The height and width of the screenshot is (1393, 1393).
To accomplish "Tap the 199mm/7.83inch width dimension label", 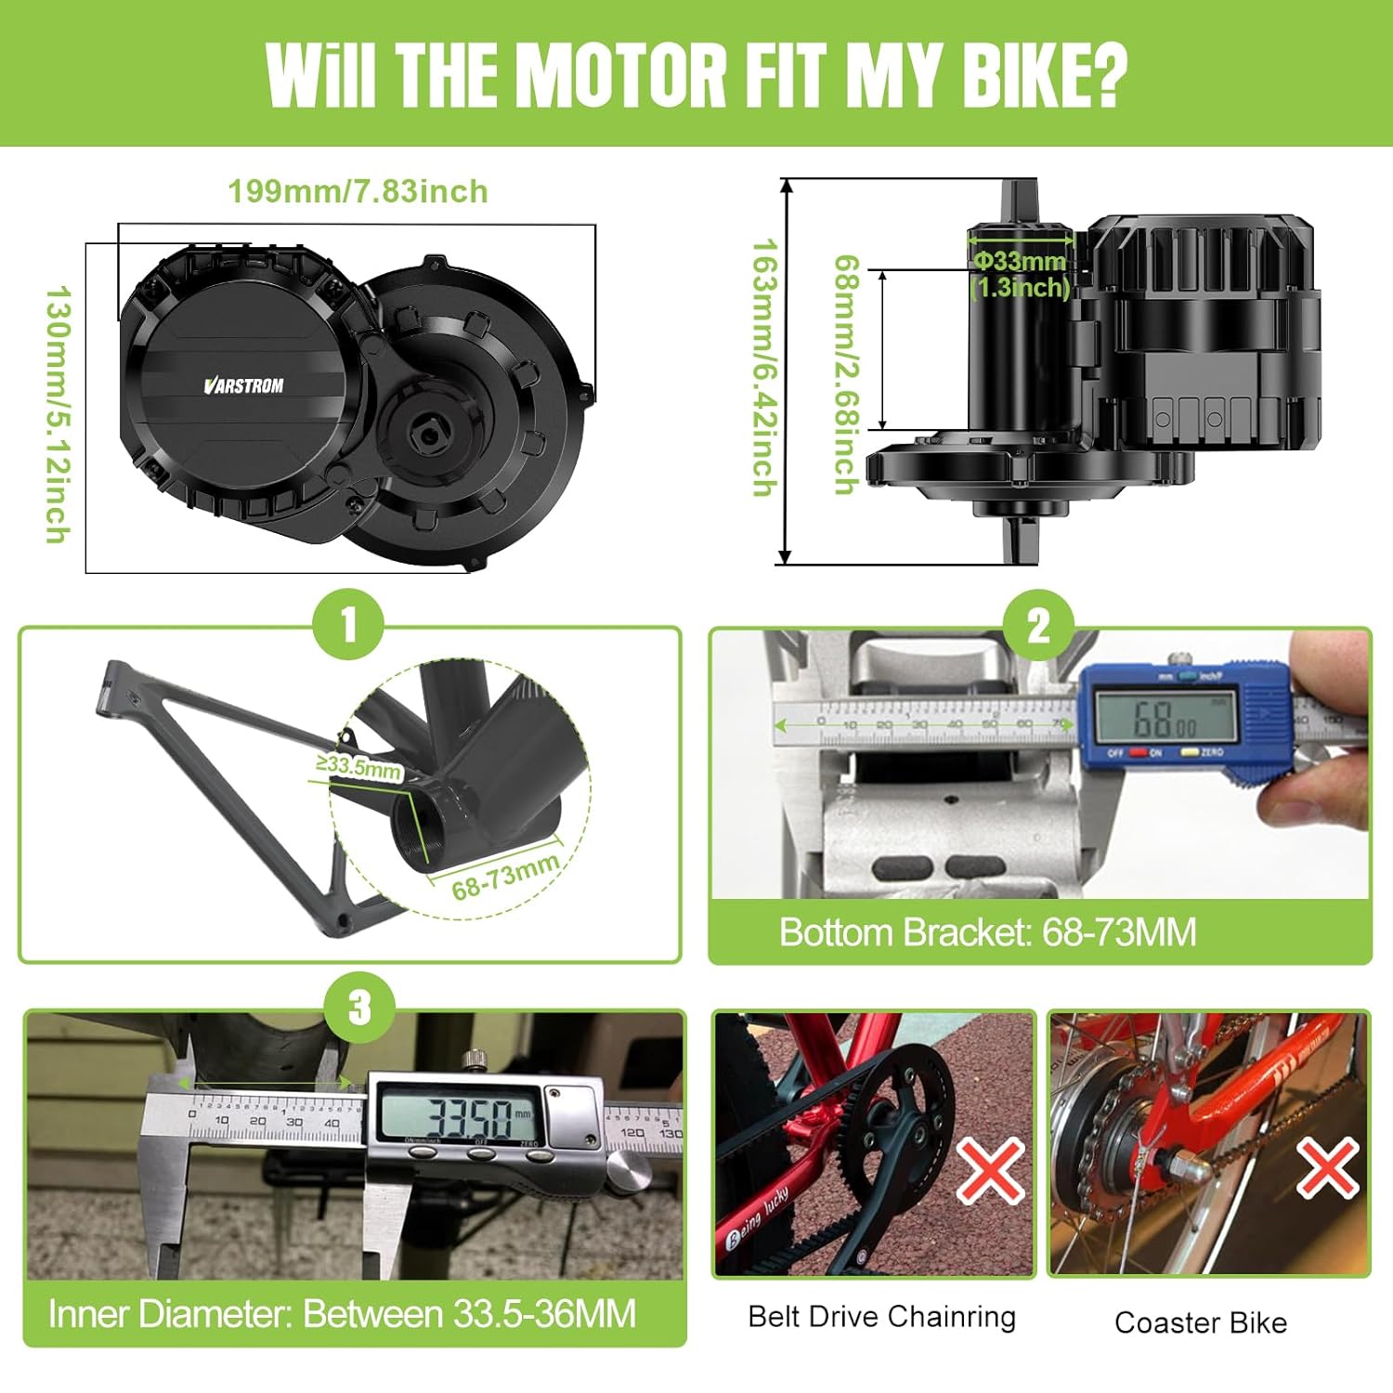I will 358,191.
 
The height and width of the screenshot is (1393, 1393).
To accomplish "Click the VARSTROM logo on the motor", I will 243,385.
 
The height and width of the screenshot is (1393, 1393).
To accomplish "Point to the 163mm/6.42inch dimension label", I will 763,367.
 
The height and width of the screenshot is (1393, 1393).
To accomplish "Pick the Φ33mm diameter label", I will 1020,262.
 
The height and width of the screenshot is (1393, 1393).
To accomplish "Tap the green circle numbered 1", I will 348,624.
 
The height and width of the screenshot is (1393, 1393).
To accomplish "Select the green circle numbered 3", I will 359,1008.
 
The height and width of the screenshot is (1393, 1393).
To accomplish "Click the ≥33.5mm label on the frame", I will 358,767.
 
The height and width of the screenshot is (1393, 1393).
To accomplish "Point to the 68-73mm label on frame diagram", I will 505,876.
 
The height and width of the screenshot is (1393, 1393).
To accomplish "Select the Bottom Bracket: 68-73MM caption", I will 987,932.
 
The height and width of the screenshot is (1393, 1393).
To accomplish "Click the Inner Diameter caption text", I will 342,1314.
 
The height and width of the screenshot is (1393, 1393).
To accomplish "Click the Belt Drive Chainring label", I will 881,1317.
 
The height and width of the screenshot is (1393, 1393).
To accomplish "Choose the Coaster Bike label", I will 1200,1322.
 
